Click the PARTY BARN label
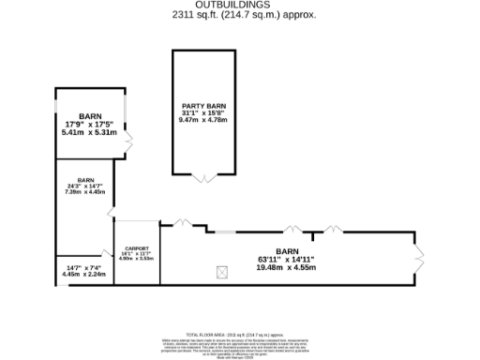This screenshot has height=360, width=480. point(203,106)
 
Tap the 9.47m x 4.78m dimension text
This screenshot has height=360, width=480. point(203,121)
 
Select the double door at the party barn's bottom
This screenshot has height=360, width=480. point(203,177)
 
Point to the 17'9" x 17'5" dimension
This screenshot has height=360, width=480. point(90,125)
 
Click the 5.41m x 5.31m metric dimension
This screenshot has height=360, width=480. point(90,133)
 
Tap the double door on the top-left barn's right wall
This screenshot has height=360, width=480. point(129,142)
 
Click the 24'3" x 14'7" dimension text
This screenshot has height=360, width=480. point(85,186)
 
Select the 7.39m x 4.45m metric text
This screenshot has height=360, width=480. point(85,192)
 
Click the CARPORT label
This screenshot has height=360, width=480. point(137,247)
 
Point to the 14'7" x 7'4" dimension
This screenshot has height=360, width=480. point(83,268)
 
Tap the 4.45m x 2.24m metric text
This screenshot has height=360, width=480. point(83,276)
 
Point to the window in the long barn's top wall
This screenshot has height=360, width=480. point(225,231)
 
